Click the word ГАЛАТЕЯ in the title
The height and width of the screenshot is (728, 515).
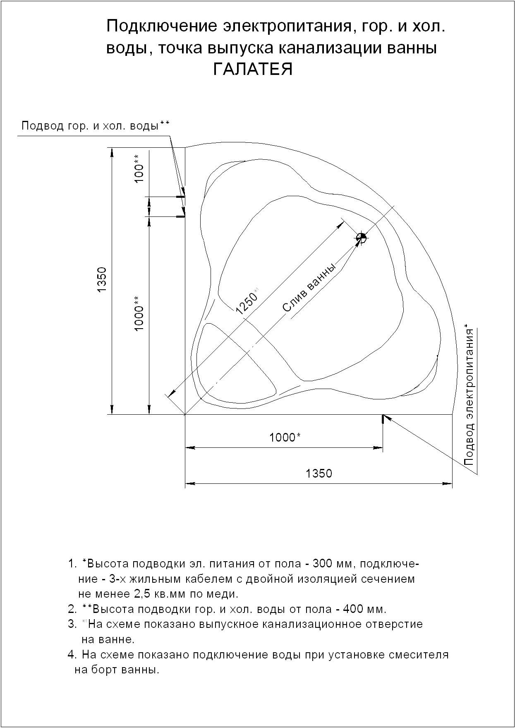tap(253, 70)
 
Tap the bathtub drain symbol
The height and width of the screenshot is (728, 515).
tap(361, 238)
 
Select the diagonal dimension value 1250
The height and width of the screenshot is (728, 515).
tap(247, 301)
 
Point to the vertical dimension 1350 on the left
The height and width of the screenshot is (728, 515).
tap(102, 280)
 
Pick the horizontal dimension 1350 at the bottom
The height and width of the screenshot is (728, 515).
tap(319, 473)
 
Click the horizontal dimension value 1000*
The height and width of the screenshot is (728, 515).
tap(285, 437)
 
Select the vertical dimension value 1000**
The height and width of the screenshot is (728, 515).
tap(139, 313)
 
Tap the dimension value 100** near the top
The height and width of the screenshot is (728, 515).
tap(139, 168)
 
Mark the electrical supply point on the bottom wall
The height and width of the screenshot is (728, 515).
tap(383, 419)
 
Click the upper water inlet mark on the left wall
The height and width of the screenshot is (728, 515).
tap(181, 197)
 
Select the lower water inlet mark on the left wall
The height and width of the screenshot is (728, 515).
tap(181, 216)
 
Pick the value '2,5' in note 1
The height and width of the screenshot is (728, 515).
tap(144, 594)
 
